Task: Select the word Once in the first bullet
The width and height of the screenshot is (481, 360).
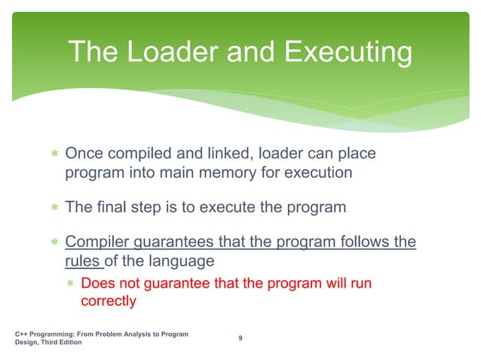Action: [x=85, y=154]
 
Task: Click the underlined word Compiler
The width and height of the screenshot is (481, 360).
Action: [x=97, y=243]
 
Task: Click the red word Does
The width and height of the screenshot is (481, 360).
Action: [x=97, y=284]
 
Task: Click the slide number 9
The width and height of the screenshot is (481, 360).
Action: [x=240, y=337]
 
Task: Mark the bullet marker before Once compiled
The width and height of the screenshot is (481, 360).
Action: [x=54, y=155]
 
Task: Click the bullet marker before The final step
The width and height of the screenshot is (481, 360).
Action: [x=54, y=208]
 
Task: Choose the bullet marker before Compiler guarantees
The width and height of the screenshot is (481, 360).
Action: [x=54, y=243]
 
